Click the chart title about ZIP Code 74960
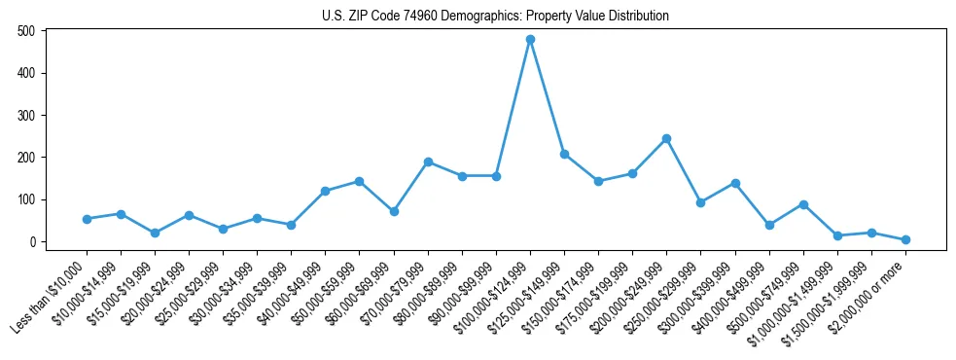click(495, 16)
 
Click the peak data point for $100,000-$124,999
click(530, 39)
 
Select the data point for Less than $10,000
click(87, 219)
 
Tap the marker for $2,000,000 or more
click(905, 239)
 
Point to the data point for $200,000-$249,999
click(666, 138)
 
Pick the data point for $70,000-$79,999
click(428, 162)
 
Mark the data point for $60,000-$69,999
click(394, 211)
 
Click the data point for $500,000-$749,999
click(803, 204)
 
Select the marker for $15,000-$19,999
click(155, 233)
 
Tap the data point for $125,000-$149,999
click(564, 154)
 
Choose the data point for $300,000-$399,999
click(735, 183)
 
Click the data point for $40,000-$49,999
click(325, 191)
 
